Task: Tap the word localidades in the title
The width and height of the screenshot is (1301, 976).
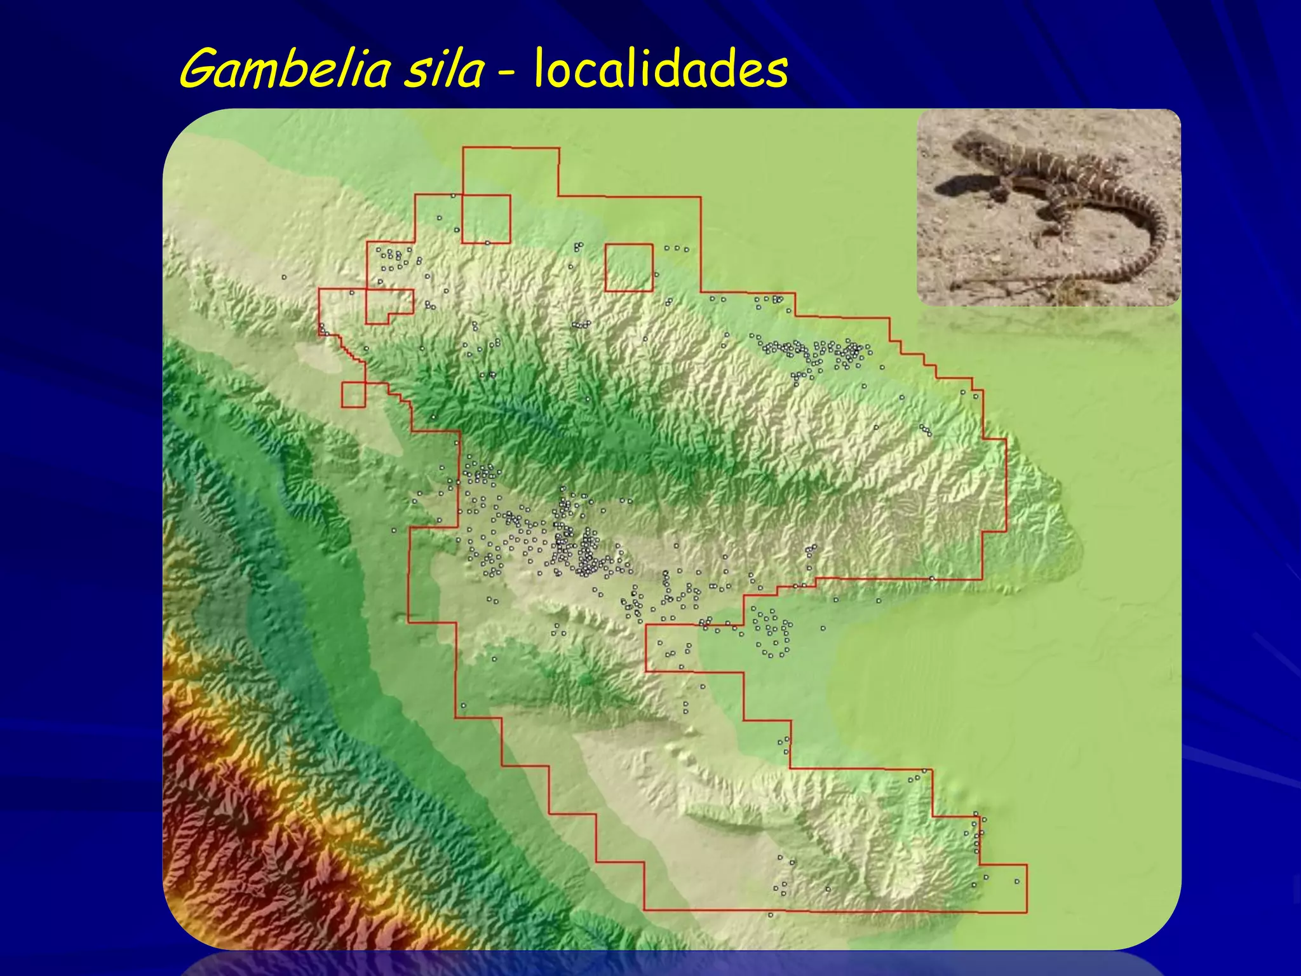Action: (x=661, y=70)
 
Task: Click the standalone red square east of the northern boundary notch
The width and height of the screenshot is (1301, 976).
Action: (x=629, y=268)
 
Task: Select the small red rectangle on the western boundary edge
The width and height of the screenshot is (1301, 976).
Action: (x=353, y=395)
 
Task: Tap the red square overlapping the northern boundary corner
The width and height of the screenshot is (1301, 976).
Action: (x=486, y=219)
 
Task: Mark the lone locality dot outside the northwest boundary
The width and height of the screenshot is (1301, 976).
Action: (x=284, y=277)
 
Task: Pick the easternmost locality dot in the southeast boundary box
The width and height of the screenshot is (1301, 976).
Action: (x=1017, y=881)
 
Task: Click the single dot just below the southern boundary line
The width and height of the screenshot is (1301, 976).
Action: (x=771, y=915)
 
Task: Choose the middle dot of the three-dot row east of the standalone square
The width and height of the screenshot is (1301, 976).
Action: (x=677, y=248)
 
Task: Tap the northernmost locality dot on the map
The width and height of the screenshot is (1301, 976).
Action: (x=453, y=196)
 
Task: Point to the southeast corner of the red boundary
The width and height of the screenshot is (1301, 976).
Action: (x=1027, y=912)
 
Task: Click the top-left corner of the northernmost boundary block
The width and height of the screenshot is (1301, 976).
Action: (x=463, y=148)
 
